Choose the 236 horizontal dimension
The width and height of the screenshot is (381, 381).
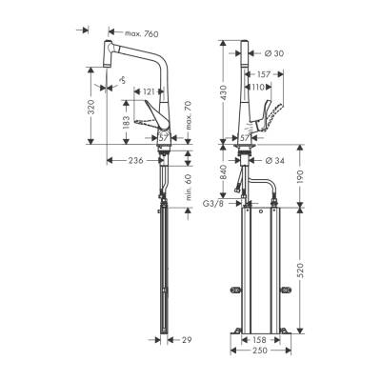(x=135, y=160)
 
